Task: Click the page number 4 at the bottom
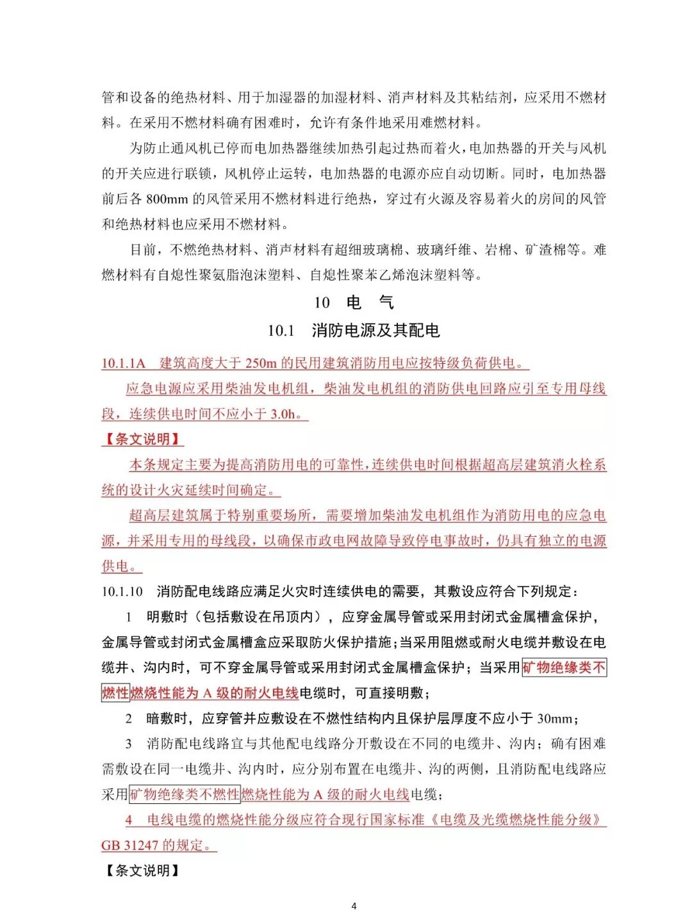(354, 906)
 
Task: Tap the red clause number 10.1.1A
(124, 363)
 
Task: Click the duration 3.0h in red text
(283, 414)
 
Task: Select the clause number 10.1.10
(122, 591)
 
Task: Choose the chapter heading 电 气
(370, 302)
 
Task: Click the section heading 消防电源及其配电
(375, 331)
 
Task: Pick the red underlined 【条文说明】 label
(142, 439)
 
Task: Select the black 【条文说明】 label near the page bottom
(142, 870)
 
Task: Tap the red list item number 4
(129, 820)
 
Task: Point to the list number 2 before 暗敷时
(129, 718)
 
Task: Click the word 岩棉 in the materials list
(498, 250)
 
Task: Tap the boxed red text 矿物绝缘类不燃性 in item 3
(185, 794)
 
